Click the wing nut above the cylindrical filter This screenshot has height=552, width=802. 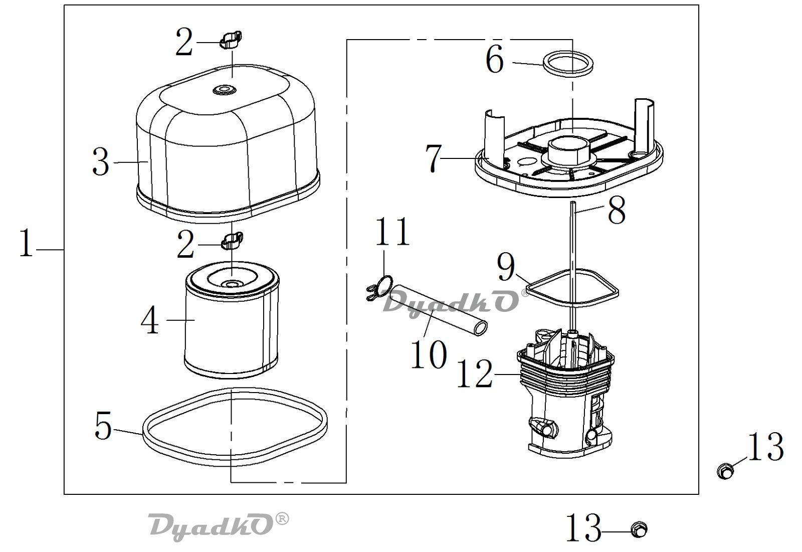232,240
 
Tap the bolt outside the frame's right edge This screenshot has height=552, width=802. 725,470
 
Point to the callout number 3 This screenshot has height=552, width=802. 101,162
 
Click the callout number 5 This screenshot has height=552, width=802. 103,426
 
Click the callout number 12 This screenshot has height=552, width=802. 474,374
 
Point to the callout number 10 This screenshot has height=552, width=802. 429,354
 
